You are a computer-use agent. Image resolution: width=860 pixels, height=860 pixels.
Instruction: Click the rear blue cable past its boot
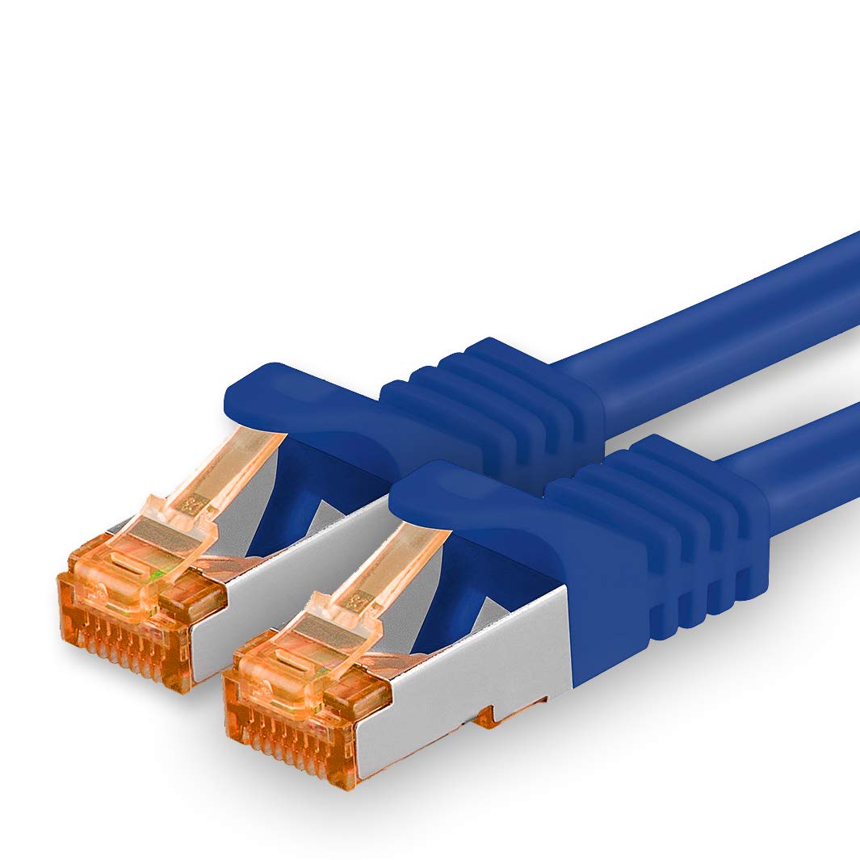(x=727, y=323)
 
